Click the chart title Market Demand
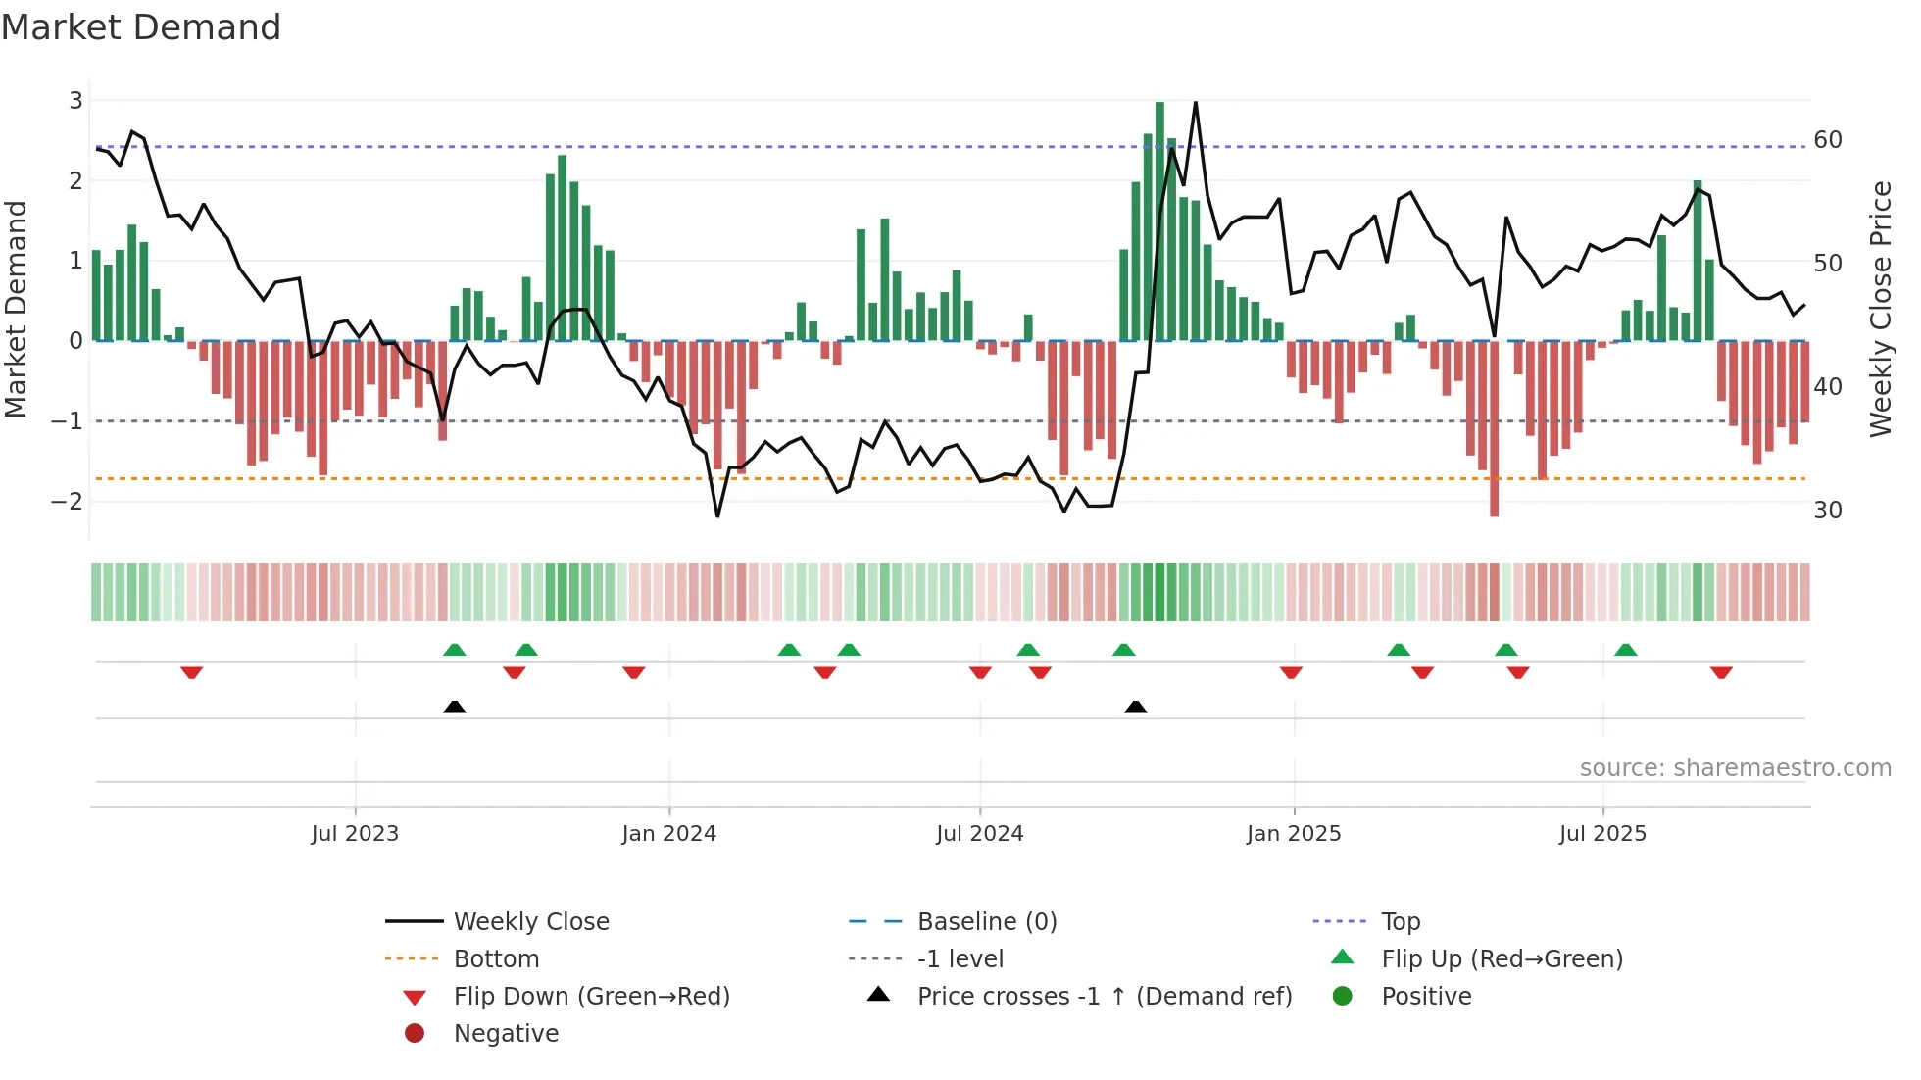point(141,27)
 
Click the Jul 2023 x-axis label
point(355,834)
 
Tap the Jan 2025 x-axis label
point(1294,834)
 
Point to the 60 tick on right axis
point(1828,140)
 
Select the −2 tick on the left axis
point(68,502)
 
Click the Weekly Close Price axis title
point(1880,309)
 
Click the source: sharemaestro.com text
point(1735,768)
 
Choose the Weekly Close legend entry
point(530,922)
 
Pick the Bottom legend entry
point(496,959)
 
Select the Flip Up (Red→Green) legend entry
point(1502,959)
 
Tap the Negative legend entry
point(506,1034)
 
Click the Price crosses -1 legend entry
point(1104,997)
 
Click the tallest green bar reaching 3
point(1159,221)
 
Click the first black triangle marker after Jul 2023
point(455,707)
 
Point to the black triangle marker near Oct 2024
point(1136,707)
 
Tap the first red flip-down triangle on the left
point(192,672)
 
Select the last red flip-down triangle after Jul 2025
point(1721,672)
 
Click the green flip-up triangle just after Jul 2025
point(1626,650)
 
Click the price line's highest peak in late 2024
point(1196,103)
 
